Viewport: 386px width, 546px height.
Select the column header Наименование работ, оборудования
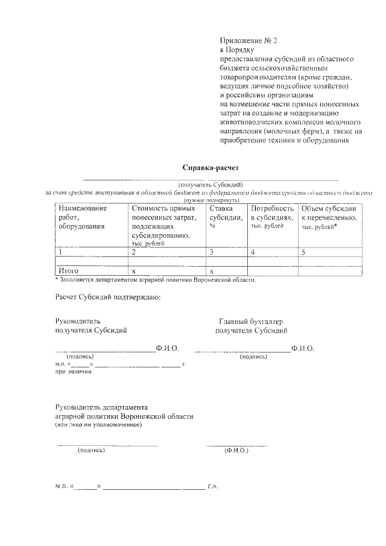(x=83, y=217)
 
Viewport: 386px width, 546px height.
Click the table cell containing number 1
(x=60, y=252)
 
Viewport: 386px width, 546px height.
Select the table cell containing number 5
(x=304, y=252)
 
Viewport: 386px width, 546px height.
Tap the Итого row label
(x=68, y=271)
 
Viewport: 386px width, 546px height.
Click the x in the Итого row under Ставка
(x=212, y=271)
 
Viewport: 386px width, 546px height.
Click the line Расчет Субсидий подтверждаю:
(x=108, y=297)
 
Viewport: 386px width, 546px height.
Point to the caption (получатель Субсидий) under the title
(x=210, y=184)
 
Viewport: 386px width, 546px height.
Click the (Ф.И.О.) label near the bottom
(x=236, y=450)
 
